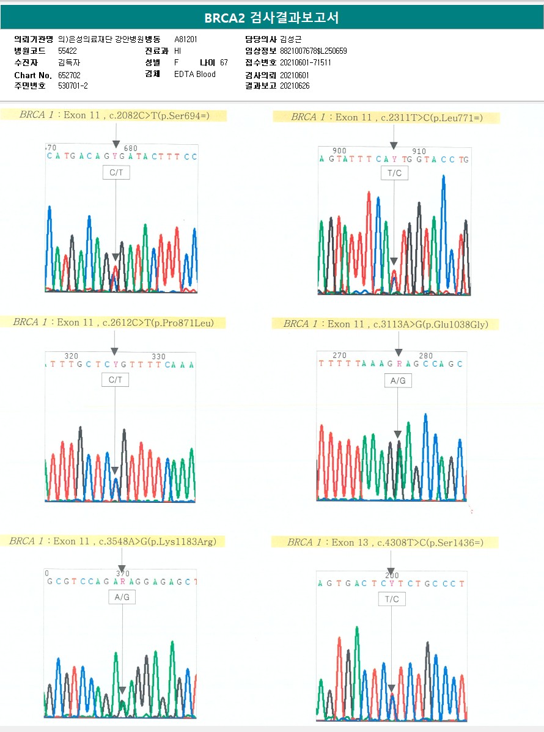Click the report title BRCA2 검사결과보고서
coord(271,18)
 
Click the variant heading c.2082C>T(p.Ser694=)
coord(114,115)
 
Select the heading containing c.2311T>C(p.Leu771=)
coord(386,117)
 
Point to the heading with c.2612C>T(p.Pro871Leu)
coord(113,322)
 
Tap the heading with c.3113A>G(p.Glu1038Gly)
coord(385,324)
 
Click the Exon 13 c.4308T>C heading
coord(385,543)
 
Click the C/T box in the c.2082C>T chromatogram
coord(116,173)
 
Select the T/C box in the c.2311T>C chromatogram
coord(394,174)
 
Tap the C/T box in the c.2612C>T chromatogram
coord(115,380)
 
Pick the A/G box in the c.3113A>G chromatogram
coord(398,381)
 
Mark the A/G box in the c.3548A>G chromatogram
coord(122,597)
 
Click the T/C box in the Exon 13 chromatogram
coord(392,599)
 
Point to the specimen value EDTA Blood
coord(195,75)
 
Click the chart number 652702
coord(69,75)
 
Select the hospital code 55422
coord(67,51)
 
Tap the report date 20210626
coord(295,86)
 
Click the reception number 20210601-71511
coord(305,62)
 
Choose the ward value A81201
coord(186,39)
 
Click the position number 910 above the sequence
coord(419,151)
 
